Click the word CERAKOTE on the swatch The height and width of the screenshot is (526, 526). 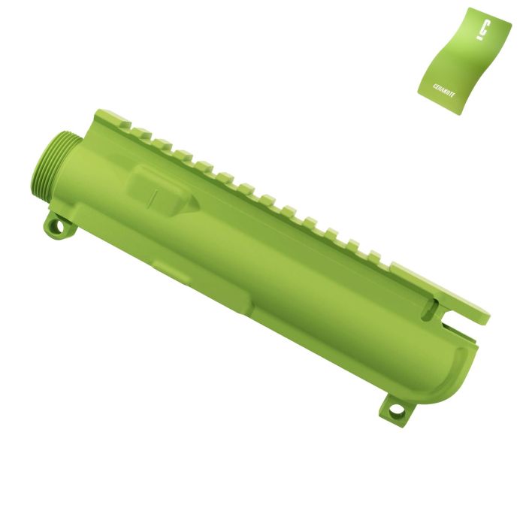click(x=443, y=90)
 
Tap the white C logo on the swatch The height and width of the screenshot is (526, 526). click(x=483, y=31)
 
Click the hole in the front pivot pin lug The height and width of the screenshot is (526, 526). click(x=59, y=227)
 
